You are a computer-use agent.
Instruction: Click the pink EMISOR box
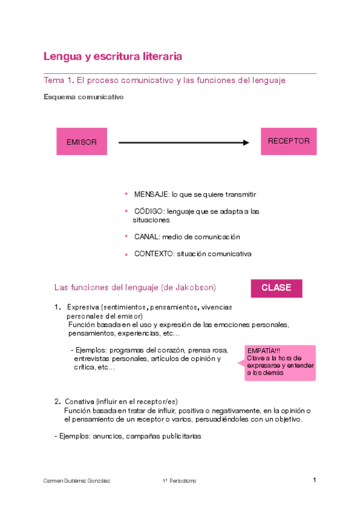click(x=82, y=143)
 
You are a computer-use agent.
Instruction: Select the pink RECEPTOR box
click(x=288, y=141)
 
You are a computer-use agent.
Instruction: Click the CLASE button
click(x=276, y=288)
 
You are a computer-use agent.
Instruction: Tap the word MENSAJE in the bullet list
click(x=151, y=195)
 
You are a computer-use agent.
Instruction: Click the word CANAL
click(x=146, y=237)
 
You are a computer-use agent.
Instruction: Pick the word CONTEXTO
click(x=153, y=254)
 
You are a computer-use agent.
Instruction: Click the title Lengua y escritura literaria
click(x=112, y=57)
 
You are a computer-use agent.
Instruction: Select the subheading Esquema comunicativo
click(x=84, y=96)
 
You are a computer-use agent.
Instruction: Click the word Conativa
click(x=79, y=402)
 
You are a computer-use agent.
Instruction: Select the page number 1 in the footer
click(x=314, y=480)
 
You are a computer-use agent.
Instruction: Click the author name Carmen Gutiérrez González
click(x=77, y=481)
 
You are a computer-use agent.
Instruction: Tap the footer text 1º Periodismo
click(x=179, y=481)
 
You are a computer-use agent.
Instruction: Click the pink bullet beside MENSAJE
click(x=126, y=194)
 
